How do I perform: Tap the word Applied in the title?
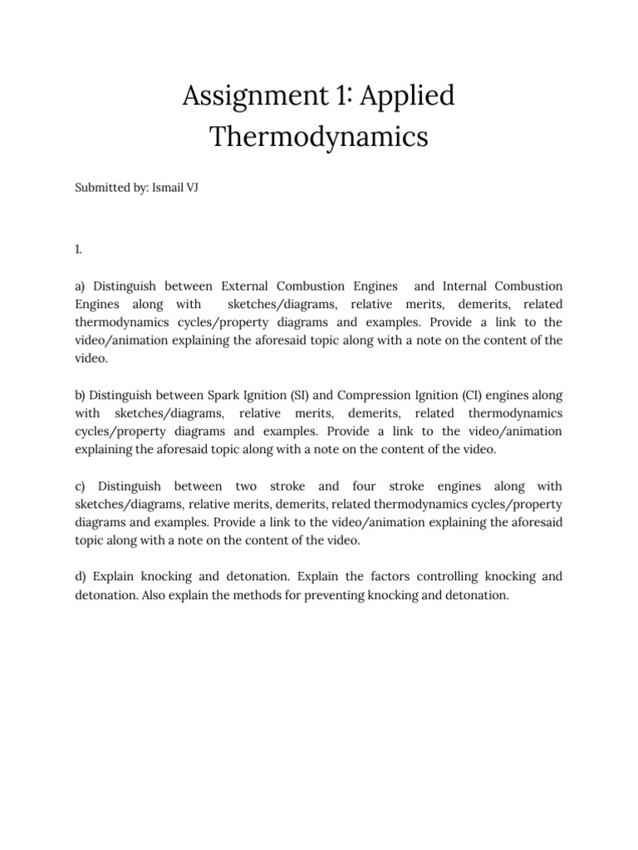[x=410, y=97]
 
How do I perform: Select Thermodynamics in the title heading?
[x=319, y=136]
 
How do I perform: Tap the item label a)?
[x=81, y=286]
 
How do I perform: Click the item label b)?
[x=81, y=395]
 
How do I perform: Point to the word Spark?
[x=224, y=395]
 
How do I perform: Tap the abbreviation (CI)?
[x=470, y=395]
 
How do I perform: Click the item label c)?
[x=81, y=486]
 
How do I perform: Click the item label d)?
[x=81, y=576]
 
